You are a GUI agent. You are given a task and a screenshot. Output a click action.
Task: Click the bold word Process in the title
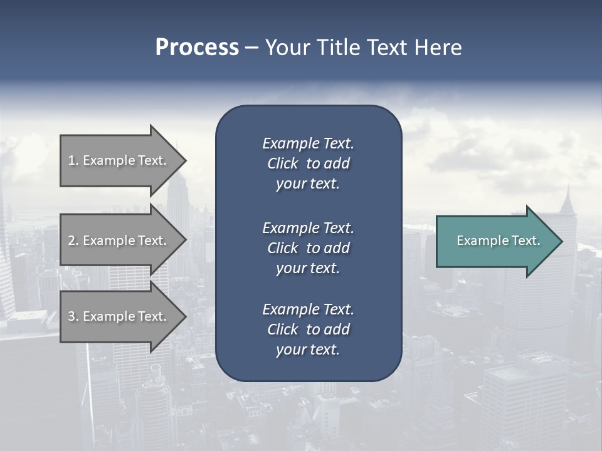pyautogui.click(x=197, y=48)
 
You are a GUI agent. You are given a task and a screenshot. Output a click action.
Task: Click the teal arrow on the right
pyautogui.click(x=495, y=241)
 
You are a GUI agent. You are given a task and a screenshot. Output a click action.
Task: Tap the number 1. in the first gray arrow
pyautogui.click(x=73, y=160)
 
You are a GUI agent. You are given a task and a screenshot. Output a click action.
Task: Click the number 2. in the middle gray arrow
pyautogui.click(x=73, y=241)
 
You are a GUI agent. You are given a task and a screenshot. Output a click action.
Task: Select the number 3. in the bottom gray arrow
pyautogui.click(x=73, y=316)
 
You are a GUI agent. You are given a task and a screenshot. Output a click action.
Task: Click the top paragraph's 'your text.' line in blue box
pyautogui.click(x=308, y=184)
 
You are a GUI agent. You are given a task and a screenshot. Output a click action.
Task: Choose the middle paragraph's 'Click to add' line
pyautogui.click(x=308, y=248)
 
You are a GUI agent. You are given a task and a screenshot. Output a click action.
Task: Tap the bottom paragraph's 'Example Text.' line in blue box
pyautogui.click(x=308, y=309)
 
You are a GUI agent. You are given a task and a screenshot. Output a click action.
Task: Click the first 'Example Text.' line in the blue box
pyautogui.click(x=308, y=143)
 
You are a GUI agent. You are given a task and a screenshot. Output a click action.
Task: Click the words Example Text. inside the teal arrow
pyautogui.click(x=498, y=241)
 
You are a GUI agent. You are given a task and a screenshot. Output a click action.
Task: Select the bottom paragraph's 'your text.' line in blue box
pyautogui.click(x=308, y=350)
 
